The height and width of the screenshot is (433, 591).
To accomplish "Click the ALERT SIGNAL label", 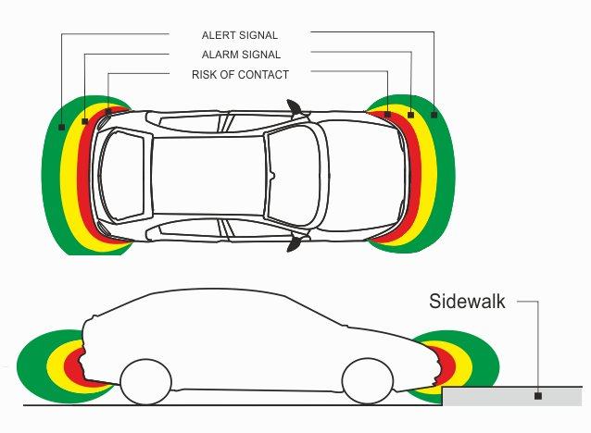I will pos(239,35).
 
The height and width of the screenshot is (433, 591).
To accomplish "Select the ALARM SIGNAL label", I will pos(240,55).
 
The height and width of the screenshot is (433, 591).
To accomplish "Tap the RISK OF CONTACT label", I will pos(240,74).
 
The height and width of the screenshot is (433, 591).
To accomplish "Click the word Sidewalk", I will pos(467,301).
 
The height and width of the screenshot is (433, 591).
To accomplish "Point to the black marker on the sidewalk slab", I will pos(537,396).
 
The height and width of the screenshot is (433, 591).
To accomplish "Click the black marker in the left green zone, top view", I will pos(61,126).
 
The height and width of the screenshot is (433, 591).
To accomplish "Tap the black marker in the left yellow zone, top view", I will pos(85,120).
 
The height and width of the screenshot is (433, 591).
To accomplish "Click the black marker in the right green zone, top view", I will pos(434,115).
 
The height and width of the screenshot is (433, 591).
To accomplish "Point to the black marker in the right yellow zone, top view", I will pos(410,115).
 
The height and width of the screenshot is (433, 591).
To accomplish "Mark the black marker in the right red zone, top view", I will pos(387,115).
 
